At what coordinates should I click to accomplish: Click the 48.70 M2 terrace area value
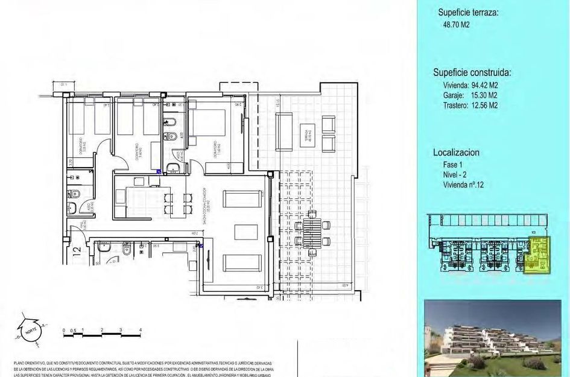tap(456, 25)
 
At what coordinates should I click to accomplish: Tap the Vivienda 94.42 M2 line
tap(470, 85)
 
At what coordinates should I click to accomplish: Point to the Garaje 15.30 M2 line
tap(470, 95)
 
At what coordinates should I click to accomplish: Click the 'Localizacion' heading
tap(457, 153)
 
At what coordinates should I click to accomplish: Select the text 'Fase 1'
tap(453, 165)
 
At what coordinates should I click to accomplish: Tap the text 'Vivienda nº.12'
tap(463, 185)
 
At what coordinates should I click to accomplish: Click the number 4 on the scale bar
tap(141, 329)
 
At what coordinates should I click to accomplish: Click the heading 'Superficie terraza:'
tap(468, 13)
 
